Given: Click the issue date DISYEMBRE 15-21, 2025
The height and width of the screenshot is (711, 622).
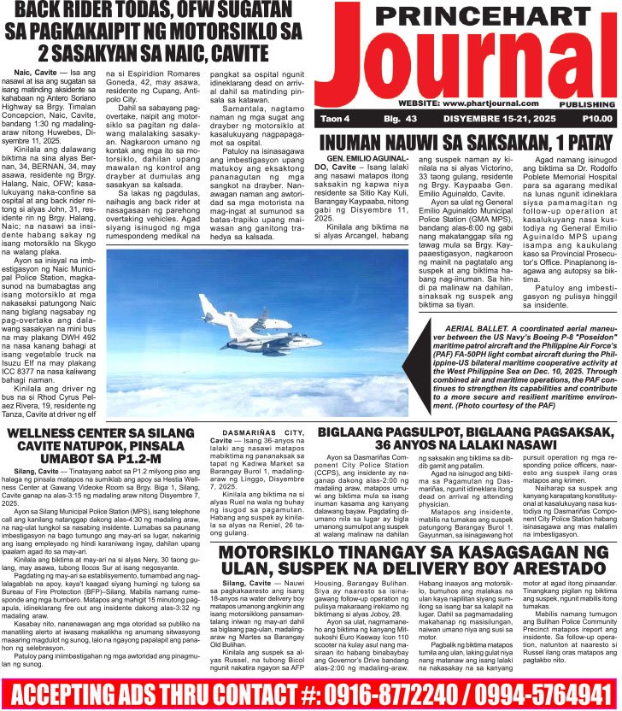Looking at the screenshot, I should tap(483, 119).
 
